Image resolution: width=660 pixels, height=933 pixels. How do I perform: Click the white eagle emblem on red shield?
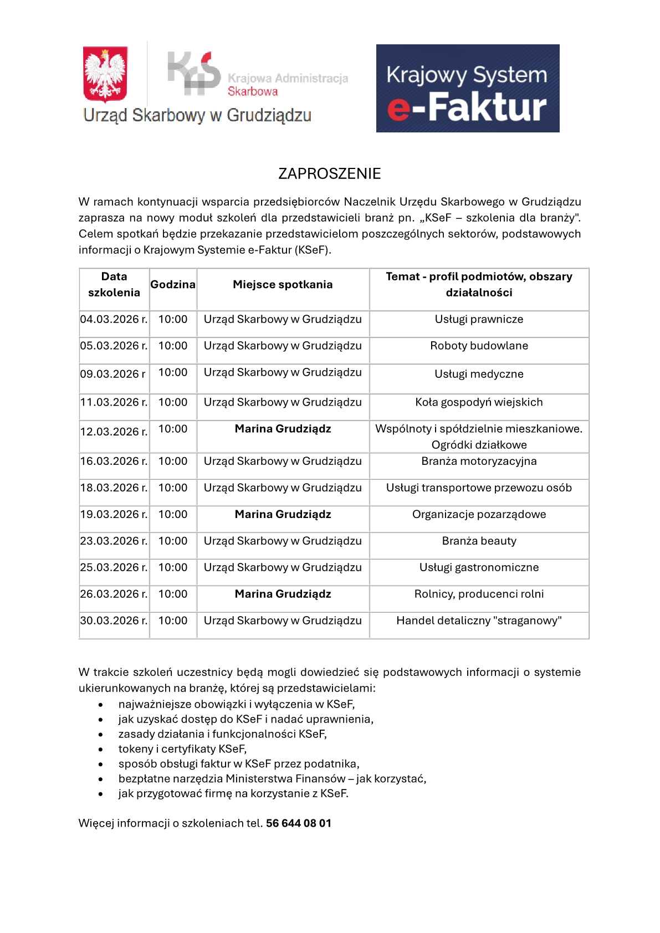coord(105,74)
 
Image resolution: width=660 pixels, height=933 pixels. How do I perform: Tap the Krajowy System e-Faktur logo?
coord(467,89)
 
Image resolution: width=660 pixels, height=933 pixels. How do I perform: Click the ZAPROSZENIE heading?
coord(329,174)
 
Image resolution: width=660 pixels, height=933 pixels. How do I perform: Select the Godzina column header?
coord(173,285)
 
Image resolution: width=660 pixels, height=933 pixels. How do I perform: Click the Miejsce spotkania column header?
coord(283,285)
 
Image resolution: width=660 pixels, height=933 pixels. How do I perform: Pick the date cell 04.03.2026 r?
coord(114,320)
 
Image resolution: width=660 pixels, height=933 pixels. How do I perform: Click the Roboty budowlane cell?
coord(479,346)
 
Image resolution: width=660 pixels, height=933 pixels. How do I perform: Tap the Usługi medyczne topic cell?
coord(479,375)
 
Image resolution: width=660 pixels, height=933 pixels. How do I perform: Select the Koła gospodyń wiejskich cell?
coord(479,403)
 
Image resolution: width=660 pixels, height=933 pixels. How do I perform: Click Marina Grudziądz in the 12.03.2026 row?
coord(283,429)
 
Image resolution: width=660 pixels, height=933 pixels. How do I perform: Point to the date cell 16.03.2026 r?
coord(114,462)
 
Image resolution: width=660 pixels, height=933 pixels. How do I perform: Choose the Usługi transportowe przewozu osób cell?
coord(479,488)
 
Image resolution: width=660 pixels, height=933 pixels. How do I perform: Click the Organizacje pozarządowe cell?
coord(479,515)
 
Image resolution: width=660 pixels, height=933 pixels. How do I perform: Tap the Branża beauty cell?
coord(479,541)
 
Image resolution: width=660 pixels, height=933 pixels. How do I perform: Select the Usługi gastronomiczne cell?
coord(479,568)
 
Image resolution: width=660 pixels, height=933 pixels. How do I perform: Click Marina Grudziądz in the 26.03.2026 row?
coord(283,594)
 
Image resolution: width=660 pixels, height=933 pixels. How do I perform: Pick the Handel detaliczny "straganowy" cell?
coord(479,621)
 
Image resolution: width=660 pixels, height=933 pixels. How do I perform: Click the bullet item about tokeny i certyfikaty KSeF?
coord(182,749)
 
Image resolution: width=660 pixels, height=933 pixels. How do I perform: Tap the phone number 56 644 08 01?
coord(298,823)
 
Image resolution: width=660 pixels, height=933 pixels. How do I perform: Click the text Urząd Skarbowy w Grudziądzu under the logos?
coord(197,115)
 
